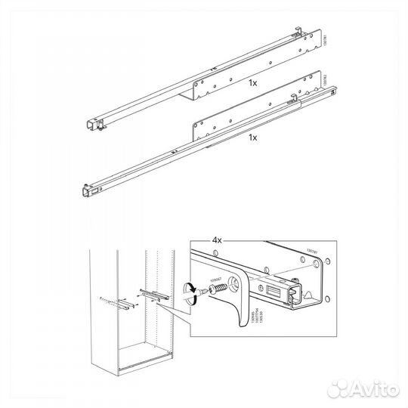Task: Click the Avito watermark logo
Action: [x=366, y=388]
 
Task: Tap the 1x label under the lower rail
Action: [x=254, y=138]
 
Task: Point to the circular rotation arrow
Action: [x=192, y=291]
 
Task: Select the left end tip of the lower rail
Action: [x=81, y=189]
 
